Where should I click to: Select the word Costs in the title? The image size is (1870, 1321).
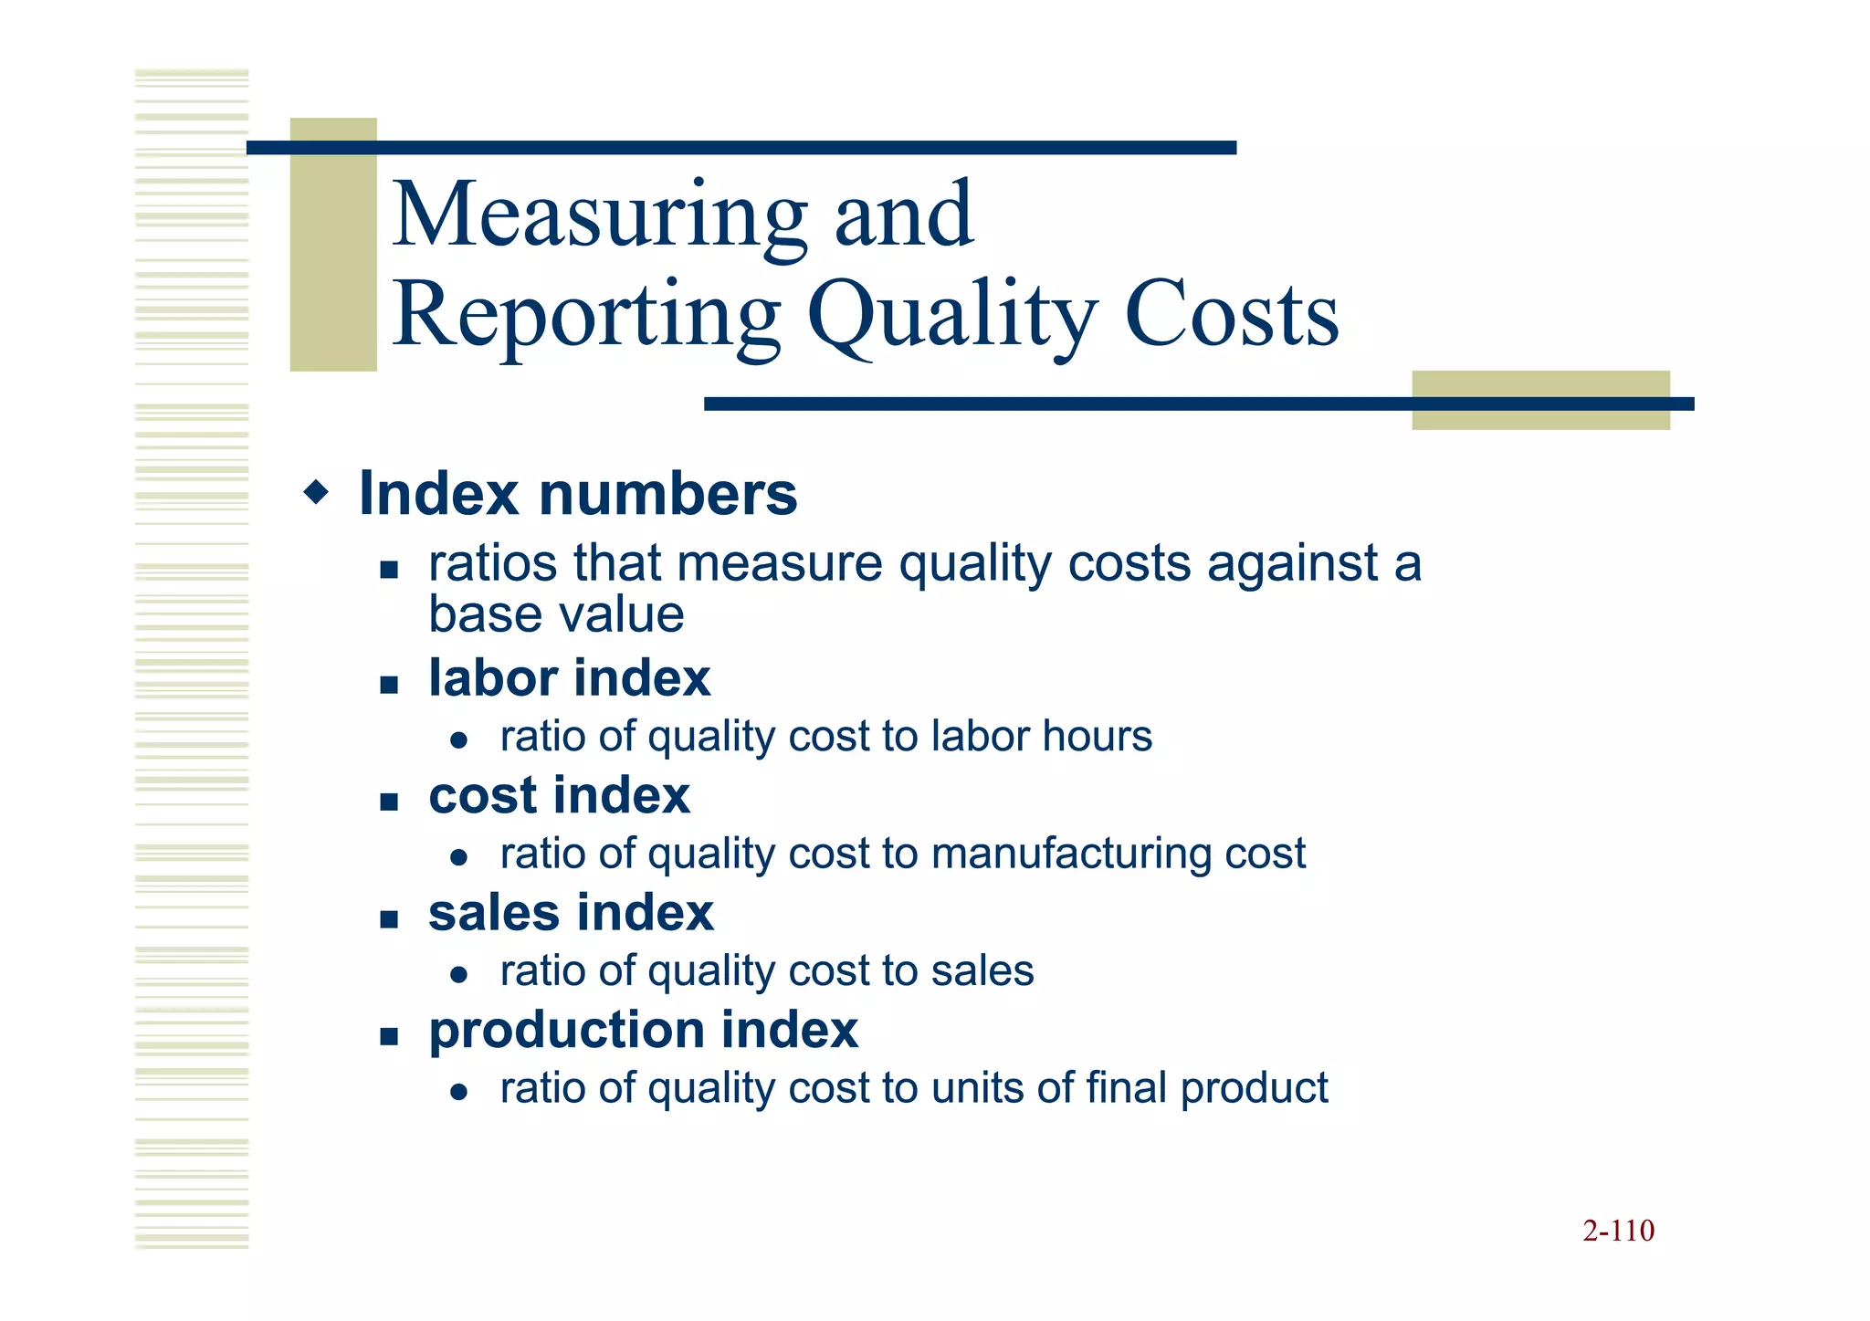1232,315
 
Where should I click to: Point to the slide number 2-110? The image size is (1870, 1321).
1618,1231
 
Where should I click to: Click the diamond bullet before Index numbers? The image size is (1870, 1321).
316,494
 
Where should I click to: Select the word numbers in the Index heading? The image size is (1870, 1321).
668,494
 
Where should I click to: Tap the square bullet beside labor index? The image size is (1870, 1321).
390,685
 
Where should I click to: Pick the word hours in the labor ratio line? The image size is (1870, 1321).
1097,736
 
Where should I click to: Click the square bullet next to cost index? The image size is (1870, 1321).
390,802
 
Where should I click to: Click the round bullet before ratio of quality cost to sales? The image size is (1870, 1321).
459,975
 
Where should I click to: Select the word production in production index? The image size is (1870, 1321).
566,1032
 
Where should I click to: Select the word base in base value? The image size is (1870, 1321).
480,614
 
